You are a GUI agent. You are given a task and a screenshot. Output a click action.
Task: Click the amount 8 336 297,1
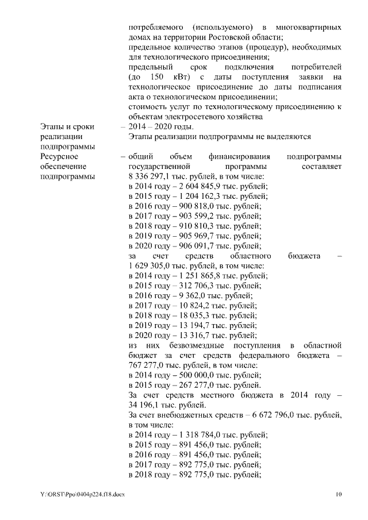(x=151, y=176)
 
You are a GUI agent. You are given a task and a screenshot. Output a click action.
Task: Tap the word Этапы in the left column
(x=52, y=126)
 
